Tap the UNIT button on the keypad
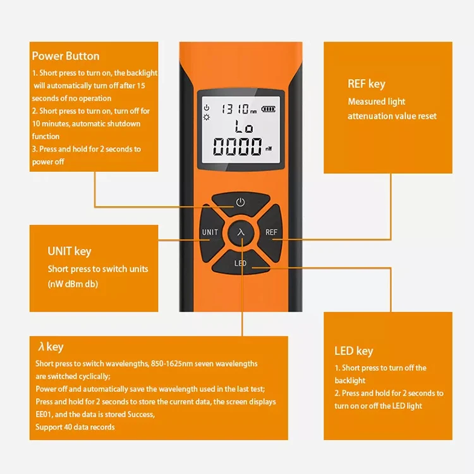[210, 232]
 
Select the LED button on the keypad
[241, 263]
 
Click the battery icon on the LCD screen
[269, 109]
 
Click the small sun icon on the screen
[206, 118]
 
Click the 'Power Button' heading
[66, 56]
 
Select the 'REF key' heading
[367, 84]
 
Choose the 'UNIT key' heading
[70, 252]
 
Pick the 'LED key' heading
[354, 351]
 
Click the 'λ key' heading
[51, 347]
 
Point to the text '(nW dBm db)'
[73, 284]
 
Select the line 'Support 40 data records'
[75, 428]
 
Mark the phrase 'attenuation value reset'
[392, 116]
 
